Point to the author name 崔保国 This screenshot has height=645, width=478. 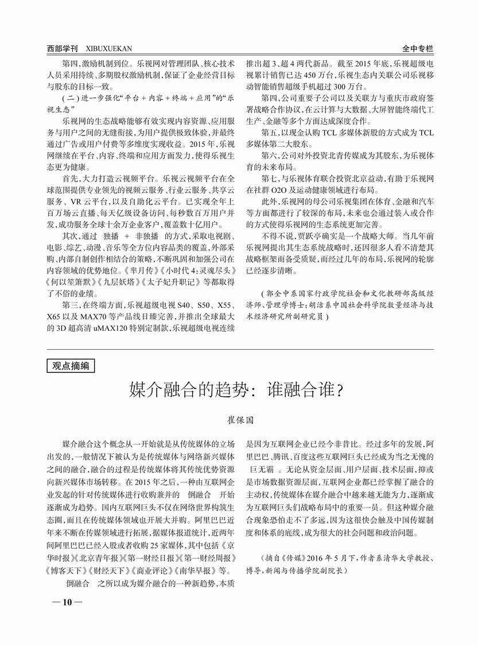pyautogui.click(x=239, y=422)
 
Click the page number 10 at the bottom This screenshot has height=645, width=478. pyautogui.click(x=67, y=602)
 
